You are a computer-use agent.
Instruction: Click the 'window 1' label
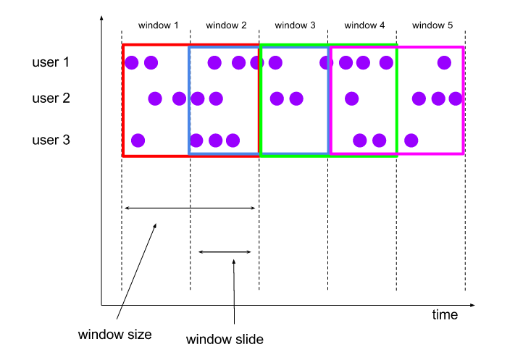pyautogui.click(x=159, y=25)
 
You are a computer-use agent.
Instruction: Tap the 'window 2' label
pyautogui.click(x=227, y=25)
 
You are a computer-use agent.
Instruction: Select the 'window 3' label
pyautogui.click(x=296, y=25)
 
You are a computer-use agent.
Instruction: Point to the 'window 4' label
pyautogui.click(x=364, y=25)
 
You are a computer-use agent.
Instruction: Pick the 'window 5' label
pyautogui.click(x=432, y=25)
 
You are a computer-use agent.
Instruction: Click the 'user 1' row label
pyautogui.click(x=51, y=62)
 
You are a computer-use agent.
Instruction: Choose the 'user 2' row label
pyautogui.click(x=51, y=98)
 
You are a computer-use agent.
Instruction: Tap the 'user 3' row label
pyautogui.click(x=51, y=139)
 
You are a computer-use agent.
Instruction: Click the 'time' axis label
pyautogui.click(x=445, y=314)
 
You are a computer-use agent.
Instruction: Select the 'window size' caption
pyautogui.click(x=115, y=335)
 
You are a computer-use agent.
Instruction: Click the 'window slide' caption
pyautogui.click(x=225, y=339)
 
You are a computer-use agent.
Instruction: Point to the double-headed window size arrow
pyautogui.click(x=191, y=209)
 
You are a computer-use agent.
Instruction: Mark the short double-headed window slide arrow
pyautogui.click(x=225, y=252)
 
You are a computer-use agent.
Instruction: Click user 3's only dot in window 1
pyautogui.click(x=138, y=140)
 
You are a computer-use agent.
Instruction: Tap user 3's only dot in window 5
pyautogui.click(x=411, y=140)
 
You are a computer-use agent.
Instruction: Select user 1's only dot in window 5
pyautogui.click(x=444, y=63)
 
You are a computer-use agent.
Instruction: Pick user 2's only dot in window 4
pyautogui.click(x=351, y=98)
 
